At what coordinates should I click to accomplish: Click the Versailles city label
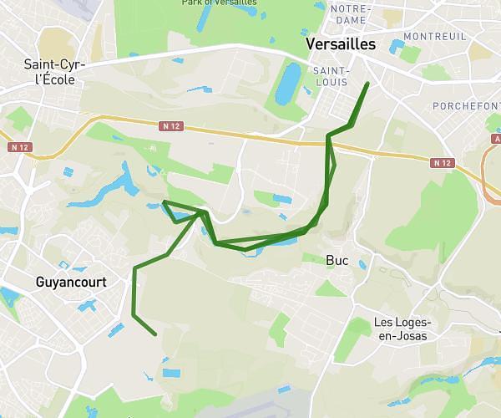[x=342, y=44]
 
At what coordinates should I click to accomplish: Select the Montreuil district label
[x=434, y=37]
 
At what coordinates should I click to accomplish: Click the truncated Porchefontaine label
[x=466, y=106]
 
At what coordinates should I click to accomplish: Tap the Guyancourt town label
[x=71, y=283]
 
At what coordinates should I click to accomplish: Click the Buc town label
[x=337, y=260]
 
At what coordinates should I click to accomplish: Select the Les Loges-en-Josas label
[x=401, y=329]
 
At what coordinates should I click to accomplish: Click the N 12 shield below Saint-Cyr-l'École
[x=20, y=146]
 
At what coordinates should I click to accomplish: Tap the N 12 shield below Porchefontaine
[x=443, y=163]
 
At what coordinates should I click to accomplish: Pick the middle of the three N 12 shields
[x=171, y=126]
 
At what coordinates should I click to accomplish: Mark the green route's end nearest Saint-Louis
[x=367, y=84]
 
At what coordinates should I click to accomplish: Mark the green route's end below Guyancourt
[x=156, y=335]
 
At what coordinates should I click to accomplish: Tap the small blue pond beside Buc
[x=362, y=265]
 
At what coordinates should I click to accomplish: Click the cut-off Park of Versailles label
[x=219, y=3]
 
